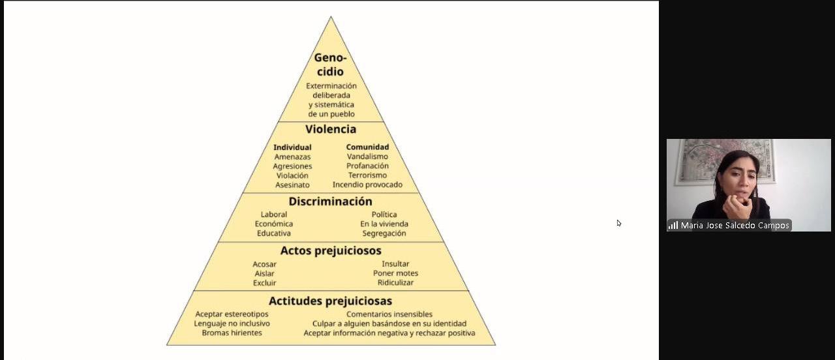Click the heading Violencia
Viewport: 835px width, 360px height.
331,129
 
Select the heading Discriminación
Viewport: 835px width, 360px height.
331,202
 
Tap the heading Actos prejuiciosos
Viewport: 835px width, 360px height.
331,250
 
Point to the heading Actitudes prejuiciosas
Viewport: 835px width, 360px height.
331,301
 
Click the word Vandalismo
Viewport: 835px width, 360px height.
367,157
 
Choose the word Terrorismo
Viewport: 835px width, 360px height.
367,175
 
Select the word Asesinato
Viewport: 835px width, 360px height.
292,185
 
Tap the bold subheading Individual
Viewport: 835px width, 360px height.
292,147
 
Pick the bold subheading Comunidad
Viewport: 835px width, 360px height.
367,147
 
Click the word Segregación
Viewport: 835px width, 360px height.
384,233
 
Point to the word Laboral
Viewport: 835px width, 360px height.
274,215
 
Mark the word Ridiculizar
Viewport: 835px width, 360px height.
395,283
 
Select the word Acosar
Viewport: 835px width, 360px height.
265,264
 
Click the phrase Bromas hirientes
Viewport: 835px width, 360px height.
232,333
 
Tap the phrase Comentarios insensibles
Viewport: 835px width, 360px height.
389,314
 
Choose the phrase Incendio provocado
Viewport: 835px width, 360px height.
367,185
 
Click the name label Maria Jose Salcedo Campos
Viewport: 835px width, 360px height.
735,226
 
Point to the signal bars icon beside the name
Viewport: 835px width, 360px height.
673,226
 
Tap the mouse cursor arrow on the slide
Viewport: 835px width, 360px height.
618,223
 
